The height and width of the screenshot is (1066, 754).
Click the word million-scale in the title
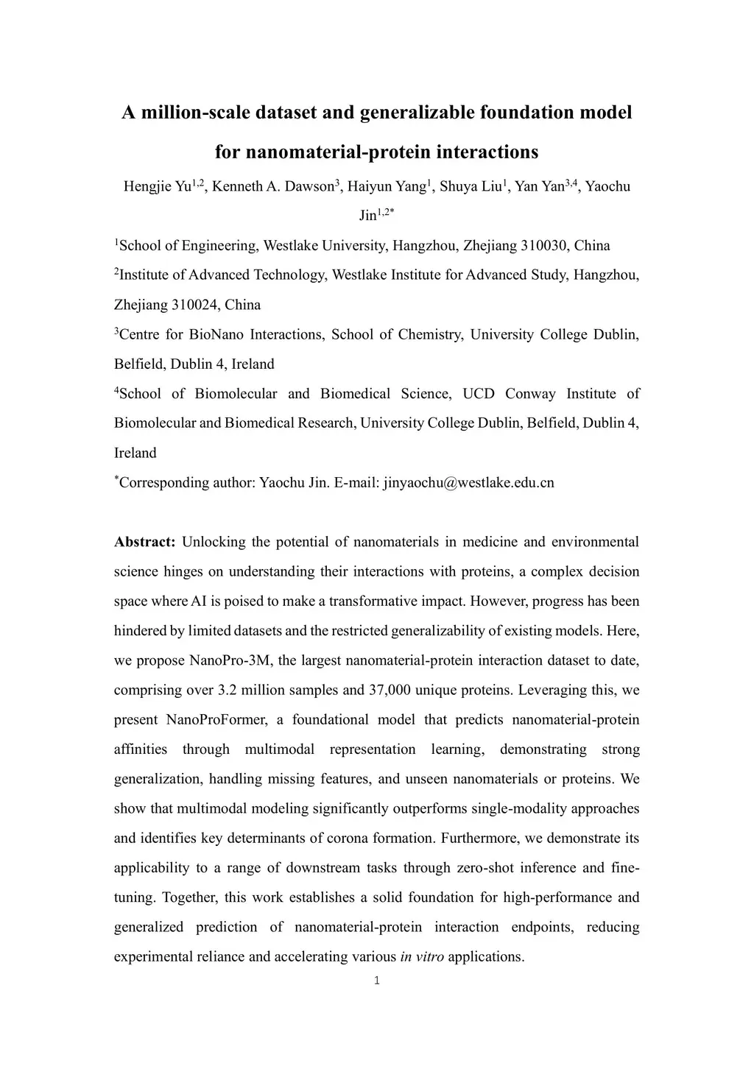(x=194, y=113)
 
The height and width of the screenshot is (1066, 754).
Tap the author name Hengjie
(x=148, y=186)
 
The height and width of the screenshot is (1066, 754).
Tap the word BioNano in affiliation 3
(x=214, y=335)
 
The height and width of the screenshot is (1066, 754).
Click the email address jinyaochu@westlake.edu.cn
(x=469, y=483)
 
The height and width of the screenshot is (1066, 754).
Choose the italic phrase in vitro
(x=422, y=957)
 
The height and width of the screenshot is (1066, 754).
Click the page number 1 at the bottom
(x=377, y=981)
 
